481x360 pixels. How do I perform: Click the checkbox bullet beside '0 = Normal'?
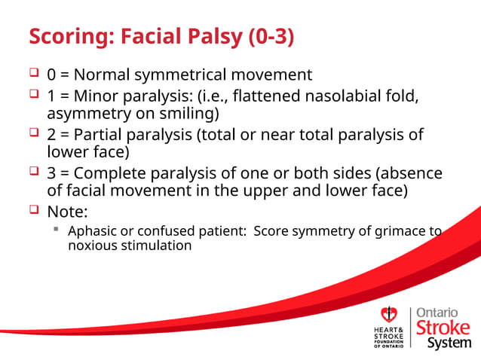[34, 74]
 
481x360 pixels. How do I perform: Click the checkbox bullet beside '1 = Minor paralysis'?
[34, 95]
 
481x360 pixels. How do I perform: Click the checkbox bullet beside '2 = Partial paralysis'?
[34, 133]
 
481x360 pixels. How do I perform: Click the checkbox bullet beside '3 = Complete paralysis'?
[34, 172]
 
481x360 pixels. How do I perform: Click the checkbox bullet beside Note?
[34, 210]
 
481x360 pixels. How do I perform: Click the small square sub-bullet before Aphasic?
[57, 230]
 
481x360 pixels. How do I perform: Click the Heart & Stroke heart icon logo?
[389, 315]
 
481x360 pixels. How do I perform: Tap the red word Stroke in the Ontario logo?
[443, 328]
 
